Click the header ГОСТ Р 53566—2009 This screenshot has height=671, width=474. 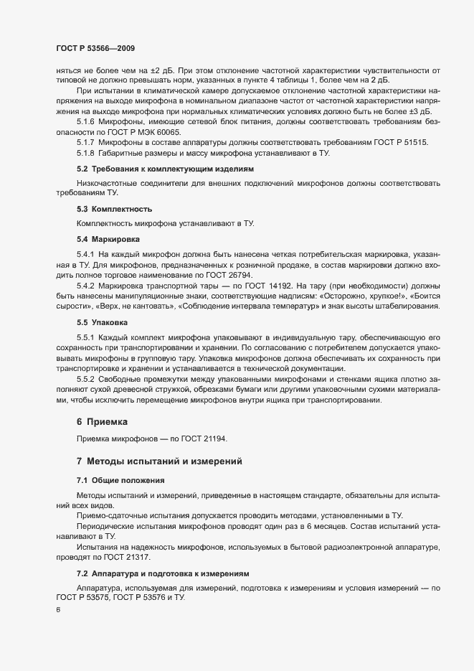click(x=95, y=48)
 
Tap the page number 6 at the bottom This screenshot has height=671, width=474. click(x=57, y=610)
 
